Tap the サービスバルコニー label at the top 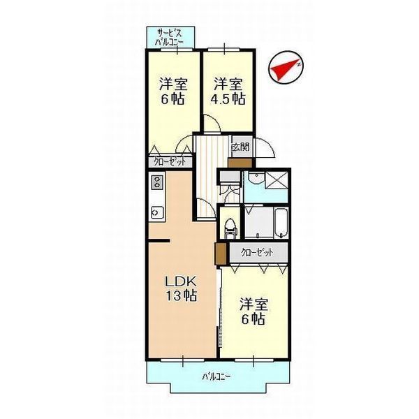[170, 37]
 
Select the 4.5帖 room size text [228, 98]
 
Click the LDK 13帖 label [180, 288]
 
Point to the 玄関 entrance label [240, 147]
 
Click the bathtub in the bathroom [280, 222]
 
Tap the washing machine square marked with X [277, 178]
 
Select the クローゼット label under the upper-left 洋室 [170, 162]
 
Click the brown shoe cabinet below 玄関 [239, 162]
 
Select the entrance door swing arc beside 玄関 [265, 147]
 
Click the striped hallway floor [206, 178]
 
